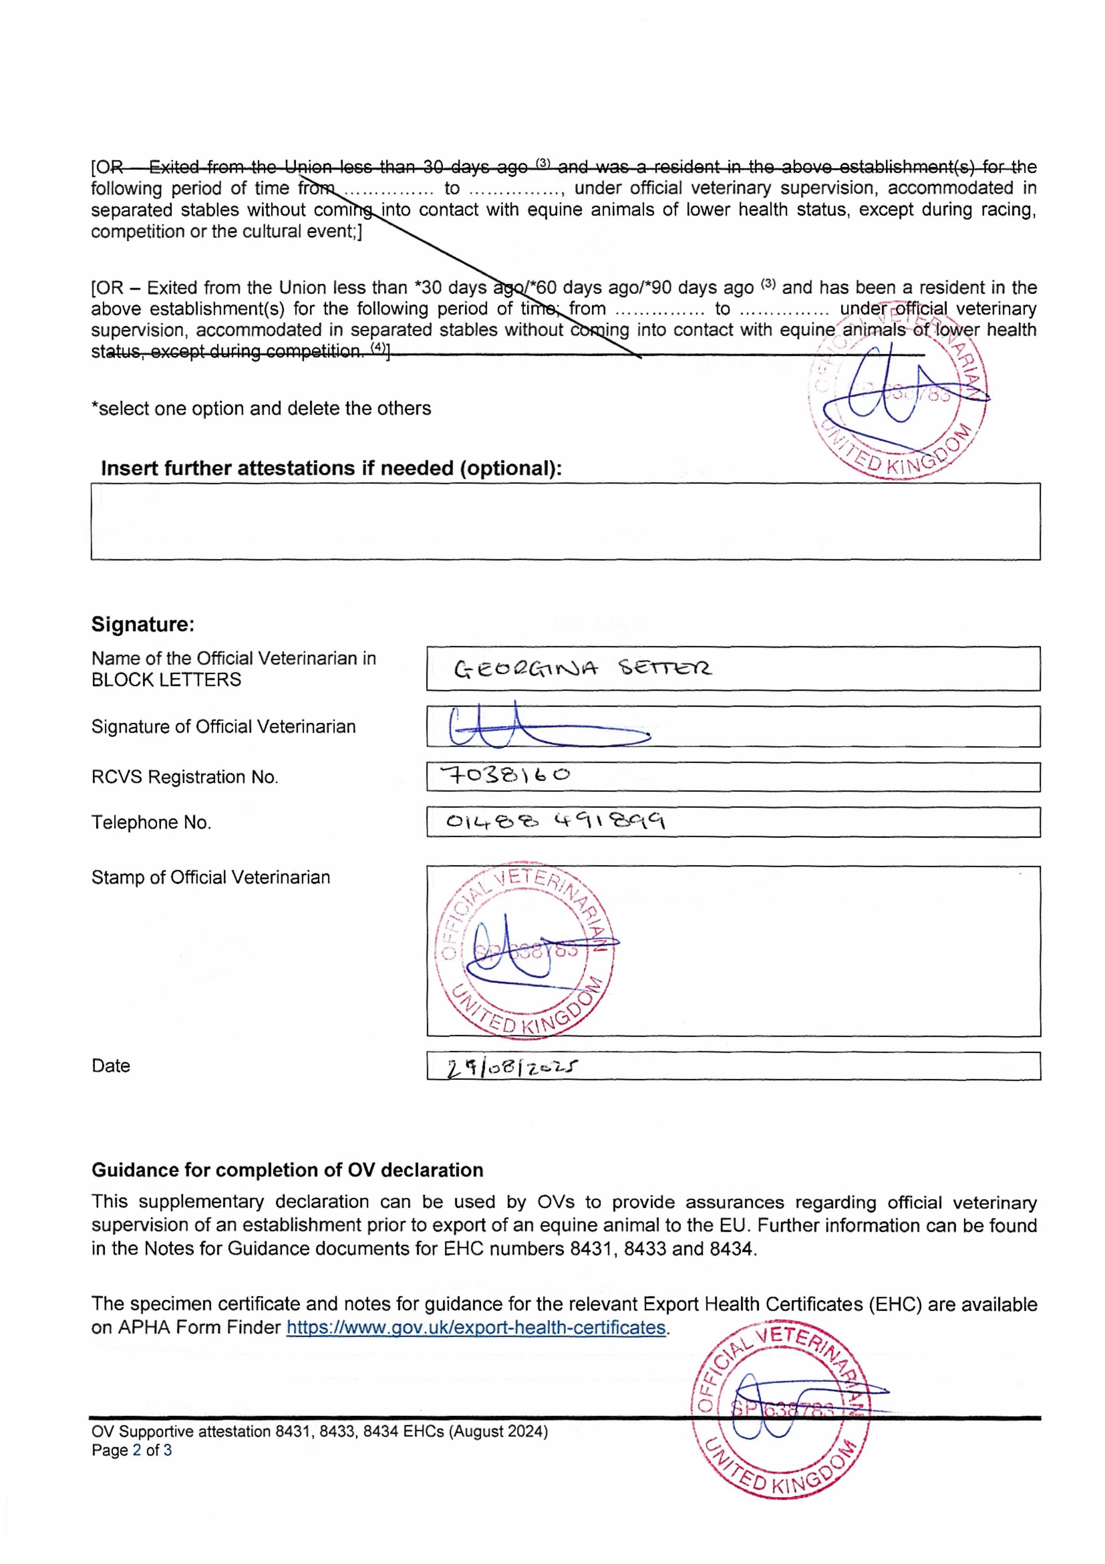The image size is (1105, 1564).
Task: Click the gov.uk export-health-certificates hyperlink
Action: pyautogui.click(x=475, y=1328)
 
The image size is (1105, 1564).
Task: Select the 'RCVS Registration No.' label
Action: pyautogui.click(x=185, y=777)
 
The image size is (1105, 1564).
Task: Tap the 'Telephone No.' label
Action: pyautogui.click(x=151, y=823)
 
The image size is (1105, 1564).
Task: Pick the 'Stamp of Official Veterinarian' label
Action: pyautogui.click(x=210, y=877)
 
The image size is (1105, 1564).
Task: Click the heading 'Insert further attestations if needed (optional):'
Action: pyautogui.click(x=331, y=469)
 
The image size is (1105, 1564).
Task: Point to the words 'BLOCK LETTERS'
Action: pyautogui.click(x=166, y=680)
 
